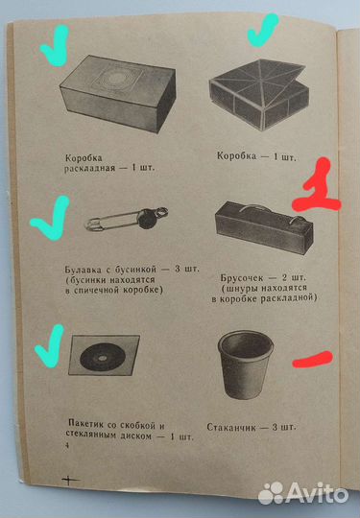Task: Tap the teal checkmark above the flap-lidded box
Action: point(263,35)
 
